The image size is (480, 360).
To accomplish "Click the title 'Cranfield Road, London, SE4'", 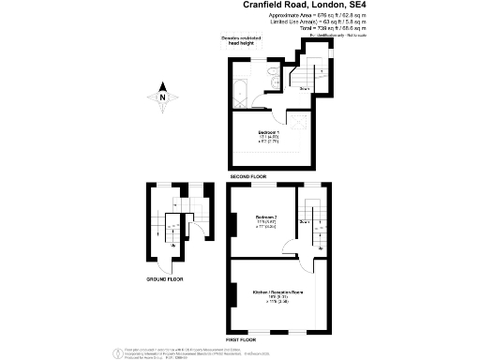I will pos(296,6).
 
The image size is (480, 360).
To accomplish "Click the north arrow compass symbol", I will pos(162,94).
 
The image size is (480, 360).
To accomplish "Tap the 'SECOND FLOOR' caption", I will pos(247,176).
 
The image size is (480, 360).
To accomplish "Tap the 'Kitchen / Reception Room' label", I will pos(277,293).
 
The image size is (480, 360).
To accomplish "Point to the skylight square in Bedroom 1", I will pos(299,122).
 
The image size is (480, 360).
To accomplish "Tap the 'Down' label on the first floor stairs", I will pos(304,221).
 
